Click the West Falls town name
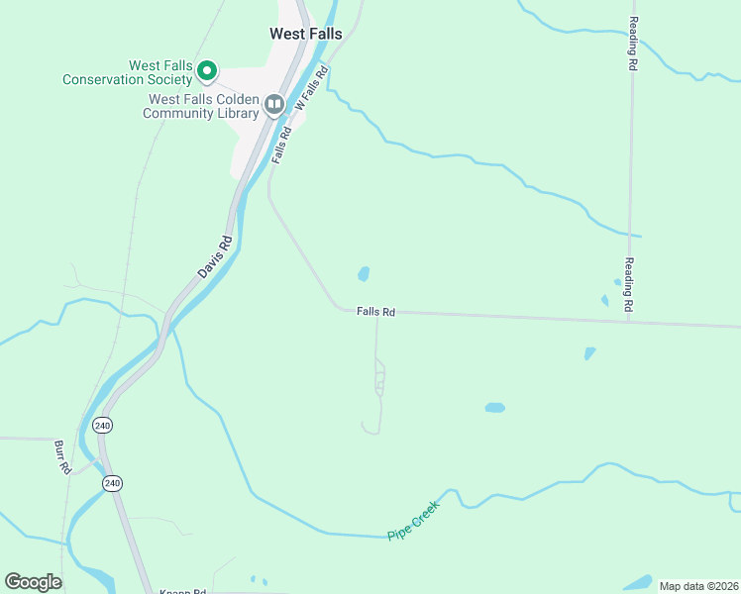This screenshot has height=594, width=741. coord(306,34)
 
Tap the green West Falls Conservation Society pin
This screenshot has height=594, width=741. coord(207,70)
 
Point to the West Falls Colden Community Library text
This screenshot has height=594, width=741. coord(202,106)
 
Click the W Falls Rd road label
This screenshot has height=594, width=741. coord(311,88)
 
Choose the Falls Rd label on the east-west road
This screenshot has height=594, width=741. coord(376,312)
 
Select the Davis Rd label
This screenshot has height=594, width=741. coord(214,257)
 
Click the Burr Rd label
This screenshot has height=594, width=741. coord(61,456)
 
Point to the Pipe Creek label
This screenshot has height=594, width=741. coord(413,520)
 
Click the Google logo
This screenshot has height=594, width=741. coord(33,582)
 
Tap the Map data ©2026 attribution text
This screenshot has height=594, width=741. coord(698,586)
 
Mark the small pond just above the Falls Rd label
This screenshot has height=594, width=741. coord(364,273)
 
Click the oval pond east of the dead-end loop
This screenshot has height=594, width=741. coord(494,407)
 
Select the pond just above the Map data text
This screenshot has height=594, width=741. coord(637,582)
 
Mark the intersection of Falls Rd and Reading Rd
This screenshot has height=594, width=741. coord(629,320)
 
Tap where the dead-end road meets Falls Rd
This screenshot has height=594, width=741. coord(376,315)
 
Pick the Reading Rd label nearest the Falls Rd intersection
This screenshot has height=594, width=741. coord(628,285)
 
